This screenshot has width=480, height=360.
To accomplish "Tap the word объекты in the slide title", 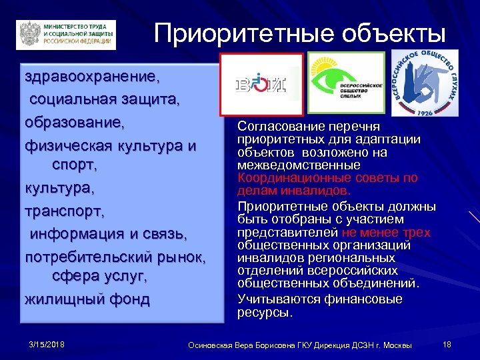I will point(391,32).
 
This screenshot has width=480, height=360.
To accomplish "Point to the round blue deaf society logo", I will point(425,81).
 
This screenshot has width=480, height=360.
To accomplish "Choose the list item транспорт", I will point(65,211).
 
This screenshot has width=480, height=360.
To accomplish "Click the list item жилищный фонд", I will point(87,299).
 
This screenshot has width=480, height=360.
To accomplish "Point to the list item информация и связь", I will point(107,234).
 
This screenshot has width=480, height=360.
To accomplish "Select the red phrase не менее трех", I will point(386,232).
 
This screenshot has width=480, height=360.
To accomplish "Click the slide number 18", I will point(447,344).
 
